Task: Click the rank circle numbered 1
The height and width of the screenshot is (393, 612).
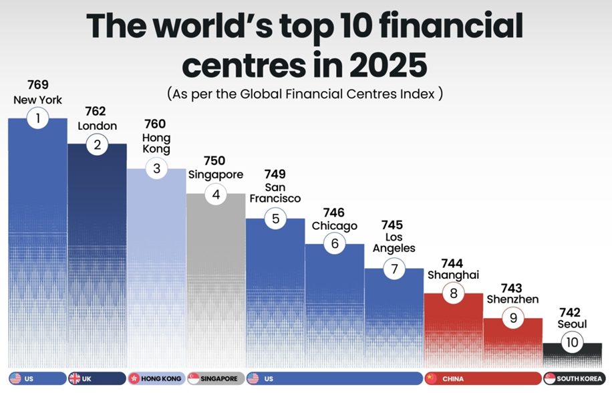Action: click(38, 119)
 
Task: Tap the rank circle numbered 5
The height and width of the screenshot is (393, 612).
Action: click(275, 219)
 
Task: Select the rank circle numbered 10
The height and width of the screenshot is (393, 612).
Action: click(572, 343)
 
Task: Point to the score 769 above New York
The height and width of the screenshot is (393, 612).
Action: click(38, 85)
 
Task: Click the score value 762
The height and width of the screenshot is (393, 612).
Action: click(97, 111)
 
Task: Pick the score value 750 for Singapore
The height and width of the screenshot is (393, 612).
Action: click(215, 160)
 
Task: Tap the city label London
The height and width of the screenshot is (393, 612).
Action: click(97, 126)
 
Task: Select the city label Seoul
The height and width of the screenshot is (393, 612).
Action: click(572, 325)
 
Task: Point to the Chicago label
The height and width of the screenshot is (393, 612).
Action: click(334, 226)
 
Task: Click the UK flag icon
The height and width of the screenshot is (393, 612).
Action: click(75, 378)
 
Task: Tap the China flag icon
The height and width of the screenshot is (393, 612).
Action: click(431, 378)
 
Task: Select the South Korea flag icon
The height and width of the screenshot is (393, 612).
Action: click(550, 378)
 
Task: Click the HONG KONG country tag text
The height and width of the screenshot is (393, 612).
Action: click(161, 379)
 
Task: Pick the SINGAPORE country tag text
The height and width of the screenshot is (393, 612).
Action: click(220, 379)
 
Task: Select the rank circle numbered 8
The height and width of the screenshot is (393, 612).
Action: click(453, 293)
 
